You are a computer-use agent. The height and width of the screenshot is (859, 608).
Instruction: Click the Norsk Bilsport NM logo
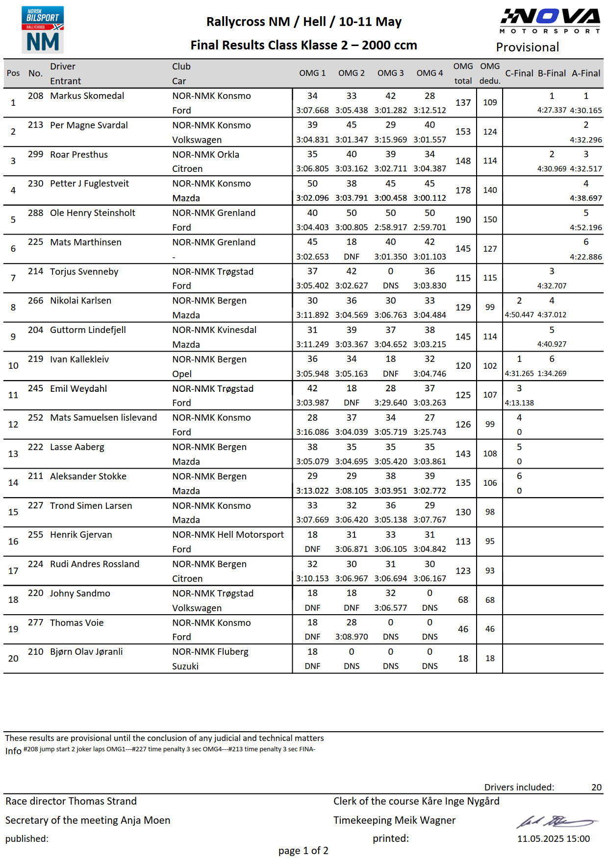pos(43,29)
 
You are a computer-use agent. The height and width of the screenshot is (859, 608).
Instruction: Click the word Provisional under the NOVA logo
pos(527,48)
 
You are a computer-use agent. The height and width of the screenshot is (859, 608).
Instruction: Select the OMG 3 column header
pos(390,73)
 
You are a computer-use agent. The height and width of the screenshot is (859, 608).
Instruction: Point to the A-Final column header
pos(585,73)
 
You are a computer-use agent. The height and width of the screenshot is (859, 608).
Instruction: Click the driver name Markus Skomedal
pos(87,96)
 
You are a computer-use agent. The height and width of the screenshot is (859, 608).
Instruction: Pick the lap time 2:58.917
pos(390,227)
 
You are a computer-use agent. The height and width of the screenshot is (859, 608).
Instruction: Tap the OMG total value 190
pos(463,220)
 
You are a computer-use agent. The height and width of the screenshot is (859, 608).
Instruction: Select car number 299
pos(35,154)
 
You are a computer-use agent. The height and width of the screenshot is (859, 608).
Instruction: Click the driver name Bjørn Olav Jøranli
pos(86,652)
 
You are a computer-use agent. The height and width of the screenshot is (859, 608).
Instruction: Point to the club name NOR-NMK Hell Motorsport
pos(228,535)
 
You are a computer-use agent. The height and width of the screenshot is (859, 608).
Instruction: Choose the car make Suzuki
pos(185,666)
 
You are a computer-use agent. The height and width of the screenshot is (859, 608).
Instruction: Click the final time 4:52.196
pos(585,227)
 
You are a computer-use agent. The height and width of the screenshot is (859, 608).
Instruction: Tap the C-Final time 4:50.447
pos(519,315)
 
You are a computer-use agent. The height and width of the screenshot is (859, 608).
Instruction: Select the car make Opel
pos(182,374)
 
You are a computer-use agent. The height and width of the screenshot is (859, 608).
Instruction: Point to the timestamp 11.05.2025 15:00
pos(553,838)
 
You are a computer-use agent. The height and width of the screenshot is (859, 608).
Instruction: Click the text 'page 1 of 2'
pos(303,851)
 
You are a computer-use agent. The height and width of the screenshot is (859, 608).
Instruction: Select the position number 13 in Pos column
pos(13,454)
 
